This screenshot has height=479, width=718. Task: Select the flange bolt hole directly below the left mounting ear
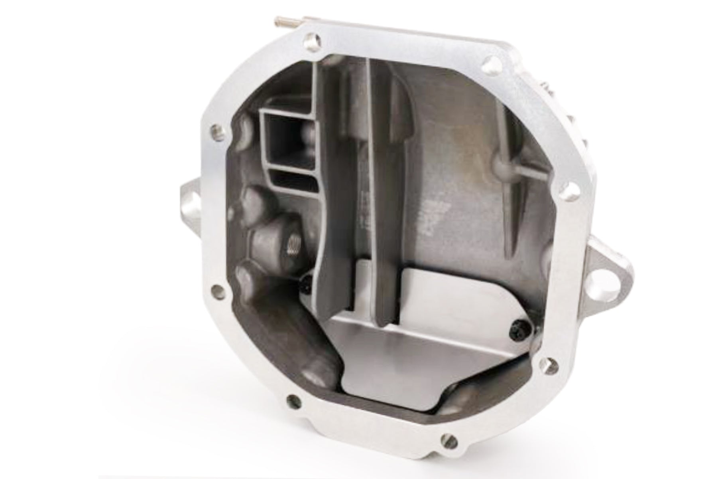(217, 289)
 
